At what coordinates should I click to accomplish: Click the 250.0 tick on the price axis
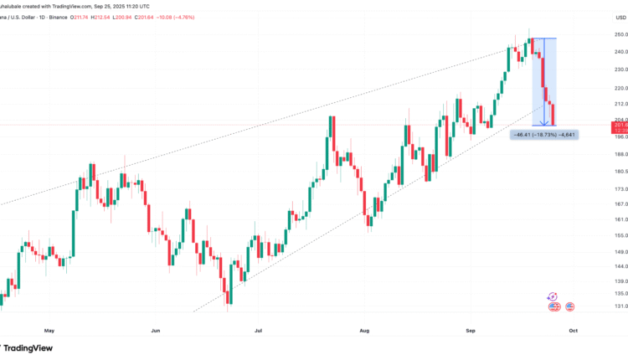[596, 34]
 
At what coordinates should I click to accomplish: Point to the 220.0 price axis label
[596, 88]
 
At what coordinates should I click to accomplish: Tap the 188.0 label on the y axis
[596, 154]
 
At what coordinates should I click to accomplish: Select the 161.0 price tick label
[596, 219]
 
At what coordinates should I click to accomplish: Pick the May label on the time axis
[49, 331]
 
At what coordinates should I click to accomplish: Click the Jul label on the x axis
[258, 331]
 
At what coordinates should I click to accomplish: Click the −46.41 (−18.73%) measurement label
[543, 134]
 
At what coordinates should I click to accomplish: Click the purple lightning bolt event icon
[553, 296]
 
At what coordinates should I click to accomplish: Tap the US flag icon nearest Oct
[569, 307]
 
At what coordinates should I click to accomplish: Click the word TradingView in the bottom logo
[30, 347]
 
